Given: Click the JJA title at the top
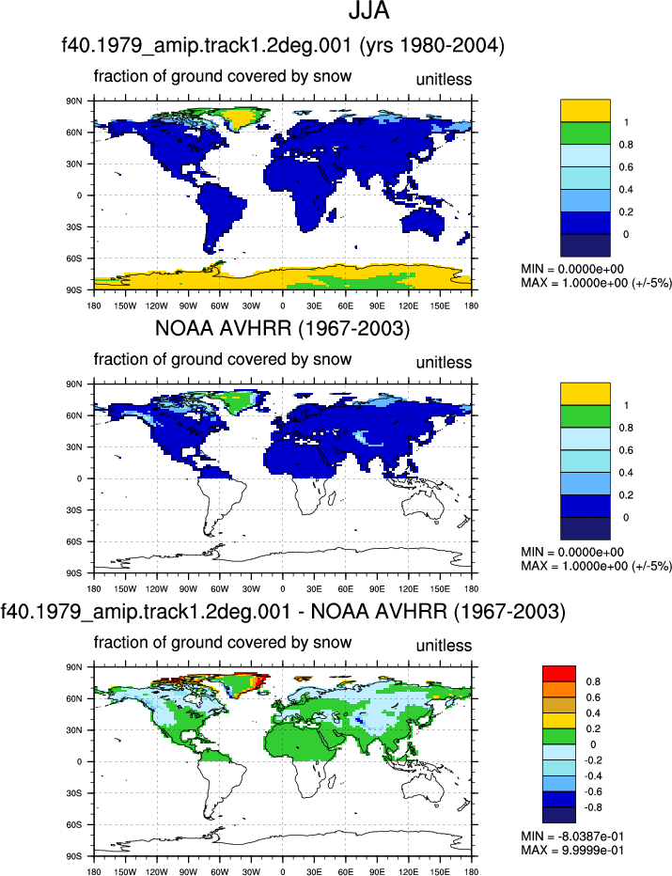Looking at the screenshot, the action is (x=368, y=11).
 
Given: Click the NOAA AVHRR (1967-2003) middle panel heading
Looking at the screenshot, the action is (x=282, y=329).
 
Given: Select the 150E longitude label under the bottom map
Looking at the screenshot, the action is (x=440, y=871).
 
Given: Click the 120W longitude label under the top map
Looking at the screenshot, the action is (x=156, y=305).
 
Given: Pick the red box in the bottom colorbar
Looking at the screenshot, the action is (x=559, y=674).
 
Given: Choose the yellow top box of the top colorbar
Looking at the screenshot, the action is (x=586, y=111).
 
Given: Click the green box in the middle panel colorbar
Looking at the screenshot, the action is (x=586, y=416).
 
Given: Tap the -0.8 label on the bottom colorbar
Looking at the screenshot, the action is (x=592, y=807).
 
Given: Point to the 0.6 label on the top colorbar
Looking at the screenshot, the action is (x=626, y=167).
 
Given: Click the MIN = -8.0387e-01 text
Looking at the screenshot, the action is (x=572, y=837).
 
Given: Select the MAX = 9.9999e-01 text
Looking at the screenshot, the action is (x=572, y=851).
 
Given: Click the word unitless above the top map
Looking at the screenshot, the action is (x=444, y=79).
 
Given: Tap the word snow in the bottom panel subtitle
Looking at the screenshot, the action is (x=332, y=643).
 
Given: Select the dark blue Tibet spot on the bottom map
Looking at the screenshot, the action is (x=360, y=723).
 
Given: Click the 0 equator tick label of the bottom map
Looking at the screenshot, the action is (x=79, y=761).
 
